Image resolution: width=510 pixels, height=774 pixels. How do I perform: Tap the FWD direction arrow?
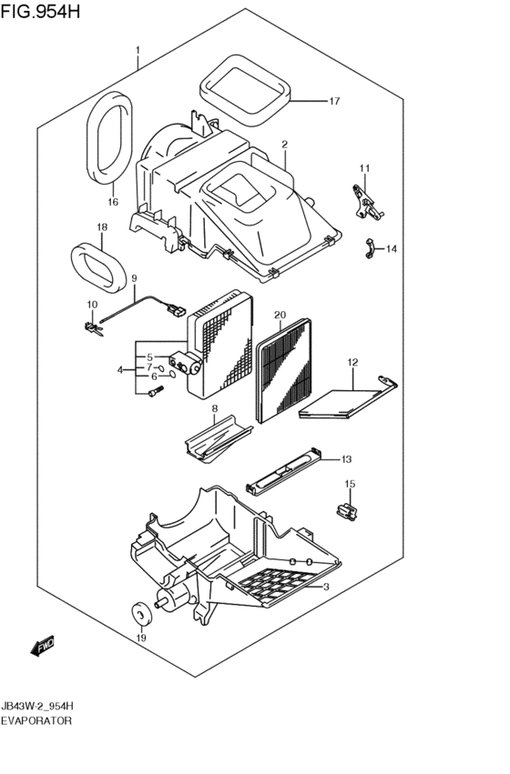click(42, 647)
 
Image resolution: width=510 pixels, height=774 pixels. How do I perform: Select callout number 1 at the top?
click(138, 50)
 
